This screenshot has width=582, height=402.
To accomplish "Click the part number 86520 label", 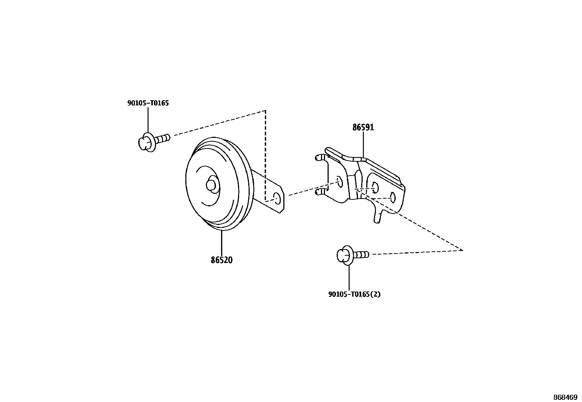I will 222,260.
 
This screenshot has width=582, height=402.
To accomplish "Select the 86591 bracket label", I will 363,127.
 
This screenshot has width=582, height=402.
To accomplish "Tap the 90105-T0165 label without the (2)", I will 148,103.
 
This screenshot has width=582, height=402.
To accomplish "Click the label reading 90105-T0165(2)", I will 354,294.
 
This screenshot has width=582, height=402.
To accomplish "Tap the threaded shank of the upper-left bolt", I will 163,139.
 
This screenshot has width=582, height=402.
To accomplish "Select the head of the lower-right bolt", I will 344,255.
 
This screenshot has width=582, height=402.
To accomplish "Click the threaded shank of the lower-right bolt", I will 362,254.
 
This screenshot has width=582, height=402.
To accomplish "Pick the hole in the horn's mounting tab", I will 277,199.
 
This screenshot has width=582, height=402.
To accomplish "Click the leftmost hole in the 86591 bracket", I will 339,181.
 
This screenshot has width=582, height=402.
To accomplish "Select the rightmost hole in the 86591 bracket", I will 393,198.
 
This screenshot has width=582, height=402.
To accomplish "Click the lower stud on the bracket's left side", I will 320,191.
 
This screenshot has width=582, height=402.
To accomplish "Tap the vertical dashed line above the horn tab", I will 266,154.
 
